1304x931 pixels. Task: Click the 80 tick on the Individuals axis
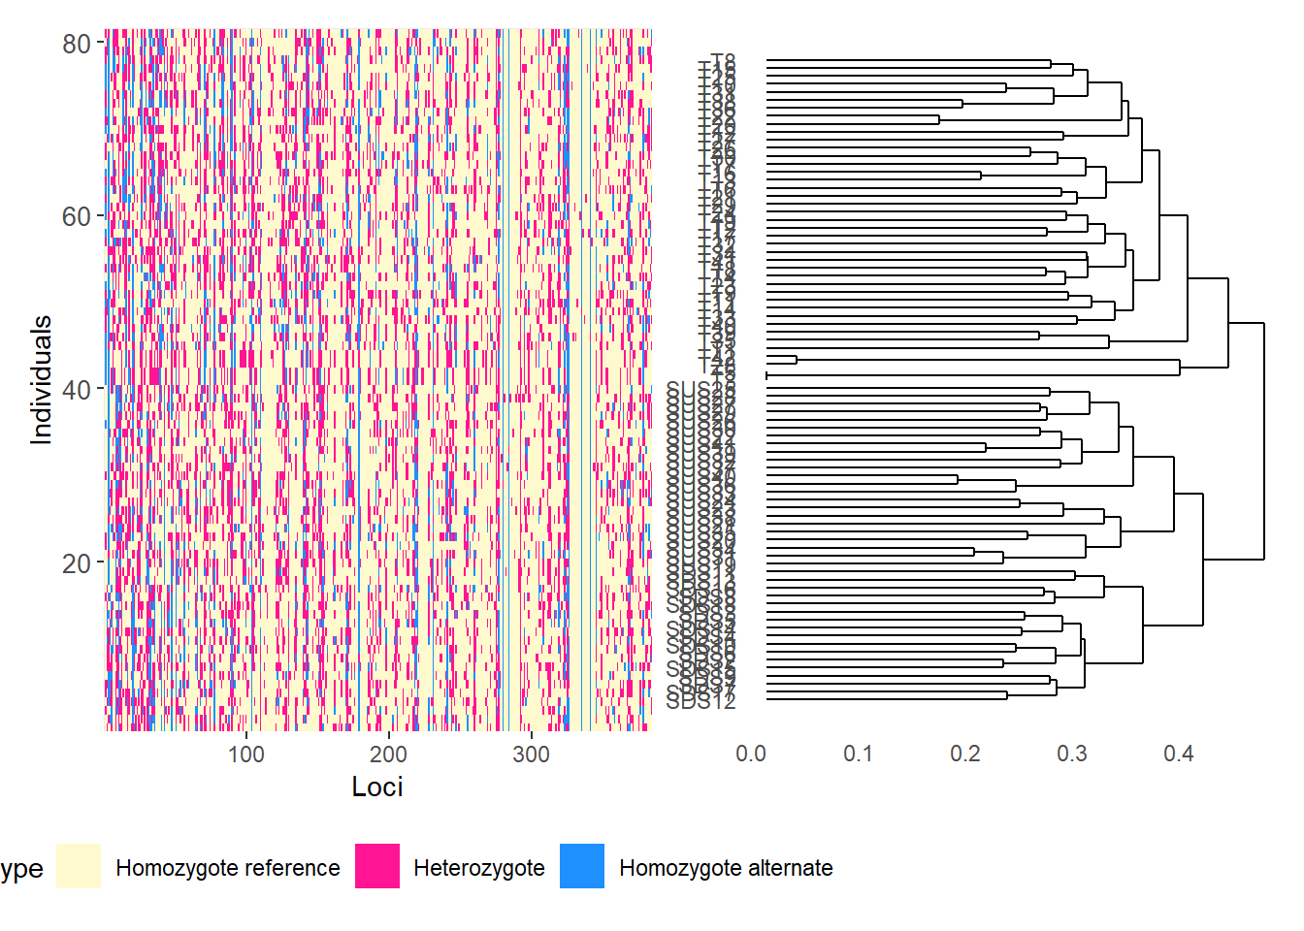(x=76, y=44)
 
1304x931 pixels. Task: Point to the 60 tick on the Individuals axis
(x=76, y=216)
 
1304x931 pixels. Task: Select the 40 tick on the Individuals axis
(x=76, y=390)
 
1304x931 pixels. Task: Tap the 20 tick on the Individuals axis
(x=76, y=563)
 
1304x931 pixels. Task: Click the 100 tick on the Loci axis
(x=246, y=754)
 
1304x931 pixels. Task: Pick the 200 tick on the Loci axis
(x=388, y=754)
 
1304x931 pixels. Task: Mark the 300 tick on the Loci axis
(x=531, y=754)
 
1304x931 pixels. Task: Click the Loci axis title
(x=377, y=787)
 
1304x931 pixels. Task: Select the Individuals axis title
(x=41, y=380)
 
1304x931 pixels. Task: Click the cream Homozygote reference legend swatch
(x=79, y=866)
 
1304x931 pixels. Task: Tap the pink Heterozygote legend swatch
(x=377, y=866)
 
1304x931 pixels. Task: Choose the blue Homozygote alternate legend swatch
(x=582, y=866)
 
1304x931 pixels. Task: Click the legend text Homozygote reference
(x=228, y=868)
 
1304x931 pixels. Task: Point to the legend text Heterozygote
(x=479, y=868)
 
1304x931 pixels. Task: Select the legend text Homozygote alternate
(x=726, y=868)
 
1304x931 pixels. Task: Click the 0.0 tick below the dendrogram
(x=751, y=754)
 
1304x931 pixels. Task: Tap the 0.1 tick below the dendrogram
(x=858, y=754)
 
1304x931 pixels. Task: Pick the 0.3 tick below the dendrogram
(x=1072, y=754)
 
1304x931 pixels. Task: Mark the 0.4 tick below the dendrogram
(x=1179, y=754)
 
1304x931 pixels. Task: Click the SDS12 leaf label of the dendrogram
(x=701, y=700)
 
